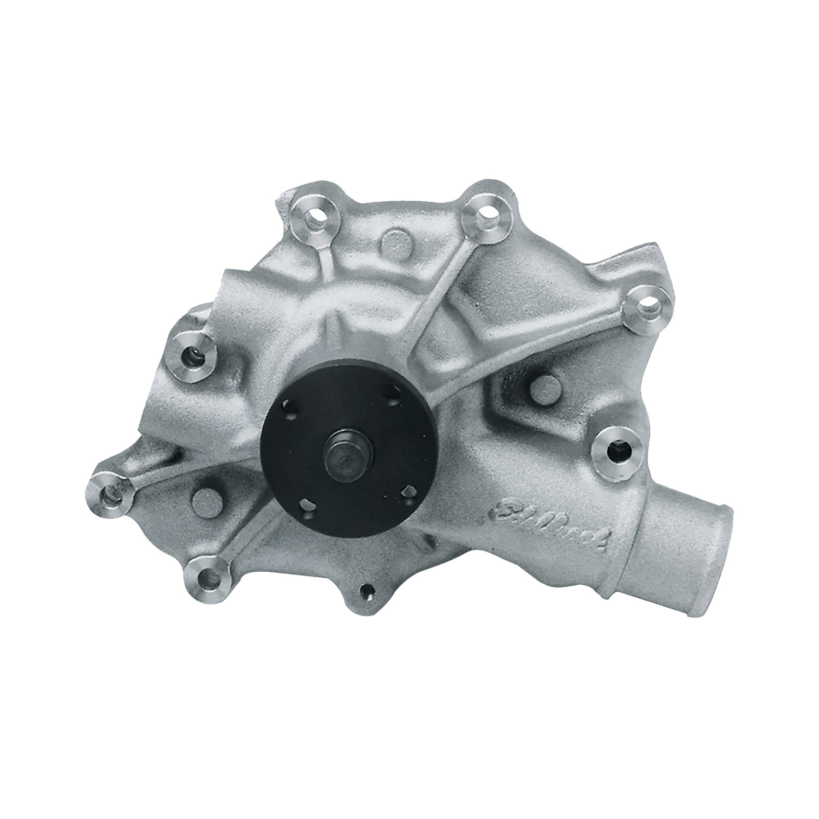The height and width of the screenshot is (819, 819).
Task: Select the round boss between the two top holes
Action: click(395, 242)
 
